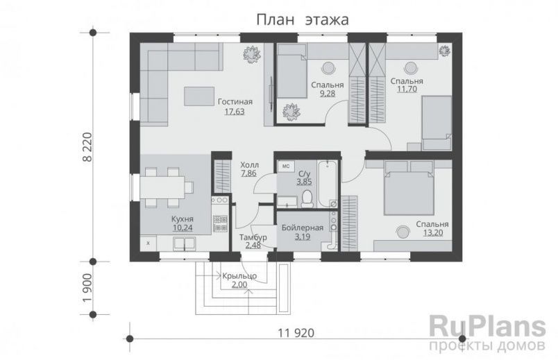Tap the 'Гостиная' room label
[234, 102]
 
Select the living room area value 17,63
[234, 111]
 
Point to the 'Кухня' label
[182, 217]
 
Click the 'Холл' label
[249, 166]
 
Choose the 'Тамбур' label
[252, 237]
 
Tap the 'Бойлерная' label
[303, 228]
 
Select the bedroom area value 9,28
[323, 93]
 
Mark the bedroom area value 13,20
[432, 232]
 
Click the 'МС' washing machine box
[286, 166]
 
